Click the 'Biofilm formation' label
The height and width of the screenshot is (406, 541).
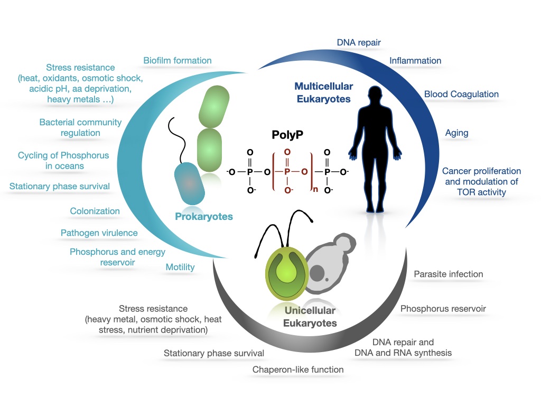(178, 60)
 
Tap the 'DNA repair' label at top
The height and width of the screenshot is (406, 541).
(359, 42)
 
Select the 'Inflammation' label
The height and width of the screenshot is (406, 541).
(415, 61)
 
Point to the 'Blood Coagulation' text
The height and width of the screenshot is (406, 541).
(461, 94)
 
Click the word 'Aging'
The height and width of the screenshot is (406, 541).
(457, 133)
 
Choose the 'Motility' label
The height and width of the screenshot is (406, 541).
(180, 267)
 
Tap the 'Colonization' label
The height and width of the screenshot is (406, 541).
(95, 211)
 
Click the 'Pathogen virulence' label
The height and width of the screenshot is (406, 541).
(99, 233)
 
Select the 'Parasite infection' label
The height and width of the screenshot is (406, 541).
(449, 274)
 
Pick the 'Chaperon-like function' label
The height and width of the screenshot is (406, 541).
(298, 370)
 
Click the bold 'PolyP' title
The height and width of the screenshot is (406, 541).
(287, 135)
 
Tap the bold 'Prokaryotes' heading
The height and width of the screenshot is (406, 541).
(204, 216)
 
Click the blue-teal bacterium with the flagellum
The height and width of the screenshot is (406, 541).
(190, 183)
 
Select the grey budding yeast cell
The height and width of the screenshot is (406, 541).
(330, 262)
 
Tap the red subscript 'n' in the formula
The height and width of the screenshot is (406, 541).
(315, 189)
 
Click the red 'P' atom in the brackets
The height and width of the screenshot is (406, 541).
(287, 172)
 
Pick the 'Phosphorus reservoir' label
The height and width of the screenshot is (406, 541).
(443, 309)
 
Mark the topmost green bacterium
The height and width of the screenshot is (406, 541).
(214, 107)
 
